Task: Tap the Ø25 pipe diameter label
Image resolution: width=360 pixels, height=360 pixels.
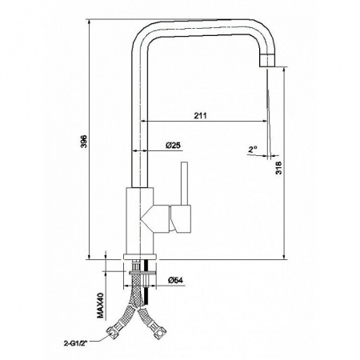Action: tap(173, 145)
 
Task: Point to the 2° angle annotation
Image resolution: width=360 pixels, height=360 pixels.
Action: tap(253, 149)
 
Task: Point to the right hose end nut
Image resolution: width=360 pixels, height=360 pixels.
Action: tap(164, 330)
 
